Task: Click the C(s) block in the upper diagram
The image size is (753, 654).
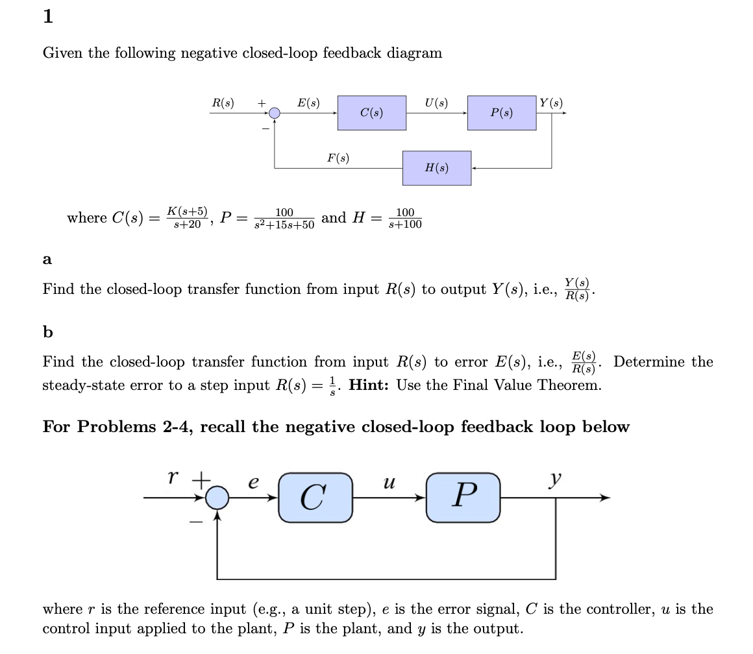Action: click(x=371, y=113)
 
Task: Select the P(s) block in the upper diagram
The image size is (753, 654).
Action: click(x=501, y=113)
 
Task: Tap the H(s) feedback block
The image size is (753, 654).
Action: click(x=436, y=168)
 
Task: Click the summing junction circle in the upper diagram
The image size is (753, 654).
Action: click(x=275, y=113)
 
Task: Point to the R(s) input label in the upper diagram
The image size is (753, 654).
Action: click(x=223, y=103)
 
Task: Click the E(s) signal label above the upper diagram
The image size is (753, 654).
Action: click(x=308, y=103)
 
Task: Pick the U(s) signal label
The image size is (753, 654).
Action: click(x=436, y=103)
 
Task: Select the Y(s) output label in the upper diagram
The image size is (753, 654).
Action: click(x=551, y=103)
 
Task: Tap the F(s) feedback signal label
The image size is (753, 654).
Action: click(x=338, y=158)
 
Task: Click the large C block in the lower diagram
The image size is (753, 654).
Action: click(x=315, y=498)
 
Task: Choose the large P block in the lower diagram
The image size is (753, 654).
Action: click(x=463, y=498)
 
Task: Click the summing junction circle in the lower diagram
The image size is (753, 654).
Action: click(x=217, y=498)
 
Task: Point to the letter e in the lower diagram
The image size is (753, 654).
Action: click(x=254, y=483)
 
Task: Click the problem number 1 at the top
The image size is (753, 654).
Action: click(x=47, y=18)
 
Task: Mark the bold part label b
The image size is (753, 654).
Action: click(x=47, y=332)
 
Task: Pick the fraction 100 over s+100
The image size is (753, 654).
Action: click(x=404, y=219)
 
